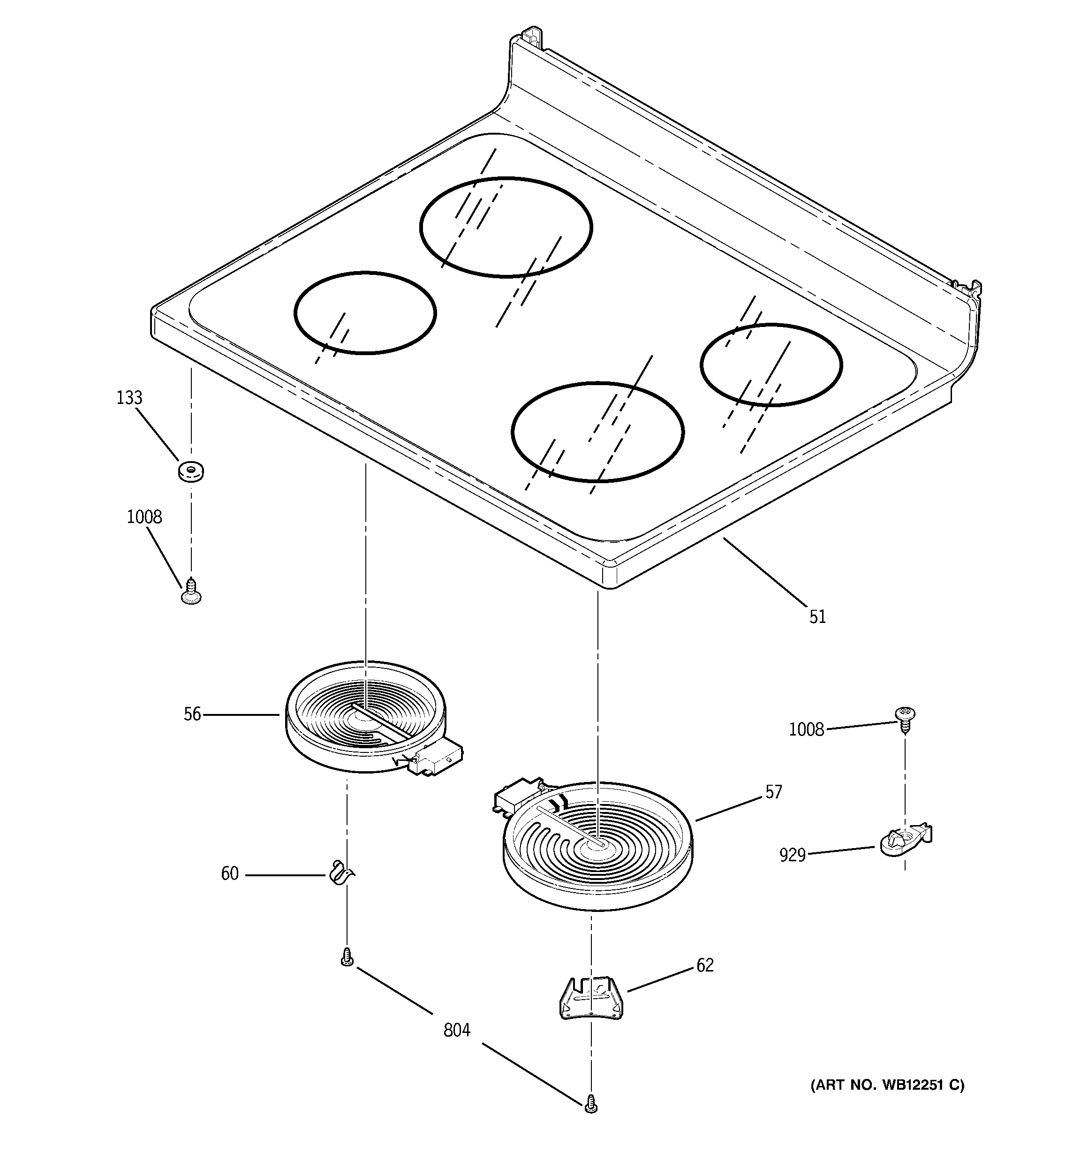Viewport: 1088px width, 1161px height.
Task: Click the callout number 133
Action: (x=129, y=398)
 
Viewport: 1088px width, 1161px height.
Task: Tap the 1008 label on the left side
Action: (x=144, y=517)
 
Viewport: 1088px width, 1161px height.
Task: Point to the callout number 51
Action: (x=817, y=617)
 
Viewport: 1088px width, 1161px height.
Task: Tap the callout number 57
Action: (x=773, y=792)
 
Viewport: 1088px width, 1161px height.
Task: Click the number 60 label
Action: (x=229, y=873)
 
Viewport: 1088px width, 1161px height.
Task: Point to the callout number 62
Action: (x=705, y=965)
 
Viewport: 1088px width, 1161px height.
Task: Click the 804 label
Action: (x=457, y=1031)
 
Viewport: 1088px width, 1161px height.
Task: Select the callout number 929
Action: (x=792, y=856)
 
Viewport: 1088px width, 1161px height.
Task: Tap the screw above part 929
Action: (x=905, y=718)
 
